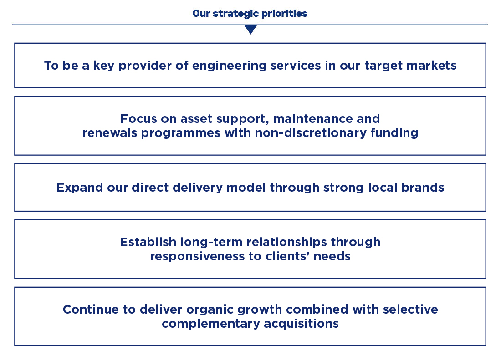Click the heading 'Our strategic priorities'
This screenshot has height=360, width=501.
click(x=250, y=13)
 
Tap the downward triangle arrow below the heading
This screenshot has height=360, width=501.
click(x=251, y=30)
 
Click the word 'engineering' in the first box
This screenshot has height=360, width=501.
click(x=229, y=66)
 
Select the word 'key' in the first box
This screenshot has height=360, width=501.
click(x=103, y=66)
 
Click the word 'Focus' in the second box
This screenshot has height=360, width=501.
click(x=138, y=119)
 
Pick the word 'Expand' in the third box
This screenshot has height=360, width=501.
click(x=80, y=188)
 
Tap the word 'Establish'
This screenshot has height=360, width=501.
click(x=148, y=242)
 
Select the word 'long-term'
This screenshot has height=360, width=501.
click(x=211, y=242)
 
